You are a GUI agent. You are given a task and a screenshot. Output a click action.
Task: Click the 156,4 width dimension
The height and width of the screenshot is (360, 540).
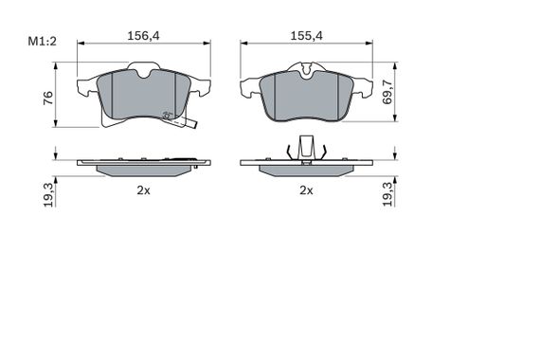point(144,36)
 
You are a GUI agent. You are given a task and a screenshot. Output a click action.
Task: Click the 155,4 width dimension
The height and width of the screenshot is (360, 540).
point(307,36)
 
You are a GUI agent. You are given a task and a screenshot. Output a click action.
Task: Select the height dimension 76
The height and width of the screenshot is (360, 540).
point(48,99)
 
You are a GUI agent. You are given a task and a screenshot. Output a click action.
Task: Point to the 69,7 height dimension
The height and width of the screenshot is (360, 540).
point(387,92)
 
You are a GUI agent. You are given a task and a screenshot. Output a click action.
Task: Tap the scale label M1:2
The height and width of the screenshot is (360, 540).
point(42,42)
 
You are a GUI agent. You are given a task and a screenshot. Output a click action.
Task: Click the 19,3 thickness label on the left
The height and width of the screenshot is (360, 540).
point(49,195)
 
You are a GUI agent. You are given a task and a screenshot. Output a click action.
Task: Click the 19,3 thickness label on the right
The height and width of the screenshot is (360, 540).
point(387,194)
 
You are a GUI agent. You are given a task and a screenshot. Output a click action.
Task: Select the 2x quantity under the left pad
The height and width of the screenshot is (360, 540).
point(144,190)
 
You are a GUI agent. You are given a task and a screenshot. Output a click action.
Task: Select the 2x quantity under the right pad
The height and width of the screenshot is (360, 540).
point(307,190)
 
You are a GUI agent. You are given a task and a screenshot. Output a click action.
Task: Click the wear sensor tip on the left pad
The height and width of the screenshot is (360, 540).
point(194,125)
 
